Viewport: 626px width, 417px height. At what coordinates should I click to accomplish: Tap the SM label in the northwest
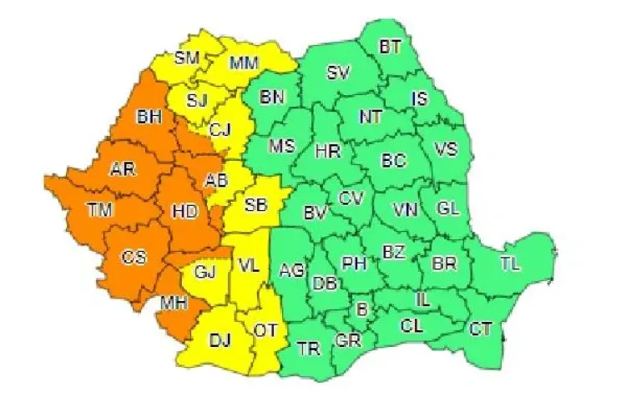188,58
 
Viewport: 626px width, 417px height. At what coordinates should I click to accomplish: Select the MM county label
244,63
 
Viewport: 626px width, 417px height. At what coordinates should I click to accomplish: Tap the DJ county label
220,340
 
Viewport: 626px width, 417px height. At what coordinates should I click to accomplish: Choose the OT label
265,331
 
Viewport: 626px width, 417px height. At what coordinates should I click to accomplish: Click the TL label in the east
510,264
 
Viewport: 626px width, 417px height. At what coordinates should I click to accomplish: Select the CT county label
480,329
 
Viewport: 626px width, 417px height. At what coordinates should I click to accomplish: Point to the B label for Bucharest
362,309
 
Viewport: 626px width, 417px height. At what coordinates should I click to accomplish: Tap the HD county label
184,212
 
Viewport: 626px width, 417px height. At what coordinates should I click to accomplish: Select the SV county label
337,73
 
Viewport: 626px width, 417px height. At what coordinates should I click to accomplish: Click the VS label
447,150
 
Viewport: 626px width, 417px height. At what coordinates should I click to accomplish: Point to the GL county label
448,208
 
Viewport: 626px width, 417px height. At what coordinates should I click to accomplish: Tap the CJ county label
220,129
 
